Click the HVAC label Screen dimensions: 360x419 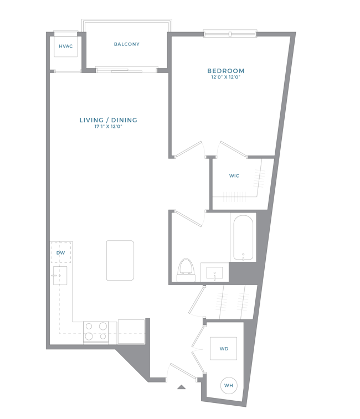coord(65,46)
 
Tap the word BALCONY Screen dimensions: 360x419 coord(126,44)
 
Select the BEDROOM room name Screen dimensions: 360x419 coord(226,71)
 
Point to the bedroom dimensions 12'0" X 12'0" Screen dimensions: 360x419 coord(226,77)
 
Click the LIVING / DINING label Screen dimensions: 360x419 coord(109,120)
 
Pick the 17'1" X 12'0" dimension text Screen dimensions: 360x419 coord(108,126)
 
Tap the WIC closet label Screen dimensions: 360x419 coord(234,176)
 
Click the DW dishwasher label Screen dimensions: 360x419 coord(61,253)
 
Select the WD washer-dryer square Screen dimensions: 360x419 coord(223,349)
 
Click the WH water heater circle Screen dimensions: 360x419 coord(228,385)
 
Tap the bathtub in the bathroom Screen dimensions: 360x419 coord(243,238)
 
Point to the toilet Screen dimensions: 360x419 coord(187,270)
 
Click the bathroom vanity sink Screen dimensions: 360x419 coord(214,272)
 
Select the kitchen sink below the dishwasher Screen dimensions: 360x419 coord(60,276)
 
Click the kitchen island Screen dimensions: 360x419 coord(120,261)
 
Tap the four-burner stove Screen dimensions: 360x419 coord(96,333)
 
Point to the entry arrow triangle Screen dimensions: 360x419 coord(181,387)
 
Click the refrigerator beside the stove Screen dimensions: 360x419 coord(131,332)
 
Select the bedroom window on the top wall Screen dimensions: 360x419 coord(230,34)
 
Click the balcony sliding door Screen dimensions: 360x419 coord(126,70)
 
